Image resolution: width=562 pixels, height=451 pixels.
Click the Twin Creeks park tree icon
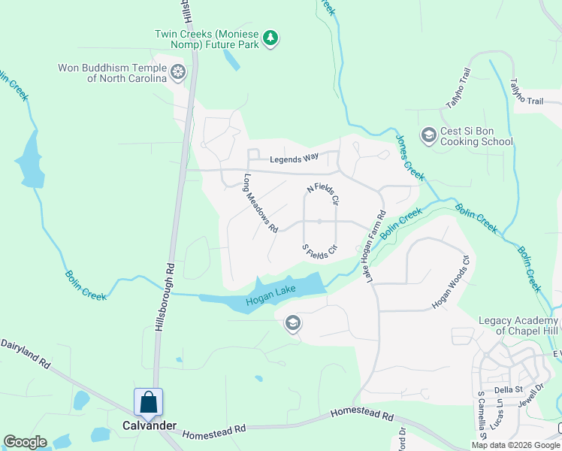tap(271, 39)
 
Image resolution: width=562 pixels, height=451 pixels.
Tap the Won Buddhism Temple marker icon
tap(178, 72)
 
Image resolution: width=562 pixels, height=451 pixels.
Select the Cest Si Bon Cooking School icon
tap(429, 135)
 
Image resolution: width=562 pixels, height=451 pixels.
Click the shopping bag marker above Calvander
tap(149, 401)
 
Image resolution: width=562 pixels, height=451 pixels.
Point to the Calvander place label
tap(150, 425)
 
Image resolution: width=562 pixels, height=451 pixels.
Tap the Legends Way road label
tap(295, 159)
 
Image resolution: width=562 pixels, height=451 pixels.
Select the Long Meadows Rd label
tap(261, 203)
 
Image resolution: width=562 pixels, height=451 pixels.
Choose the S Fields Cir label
tap(319, 251)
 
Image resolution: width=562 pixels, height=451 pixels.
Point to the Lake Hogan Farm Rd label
tap(376, 247)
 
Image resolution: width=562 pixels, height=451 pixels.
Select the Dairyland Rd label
tap(25, 353)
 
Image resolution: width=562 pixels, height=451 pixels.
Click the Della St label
tap(509, 389)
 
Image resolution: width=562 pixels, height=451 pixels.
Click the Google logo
tap(25, 442)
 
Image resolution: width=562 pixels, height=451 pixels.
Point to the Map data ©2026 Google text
tap(515, 445)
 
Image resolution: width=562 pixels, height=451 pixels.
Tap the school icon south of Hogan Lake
tap(292, 324)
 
